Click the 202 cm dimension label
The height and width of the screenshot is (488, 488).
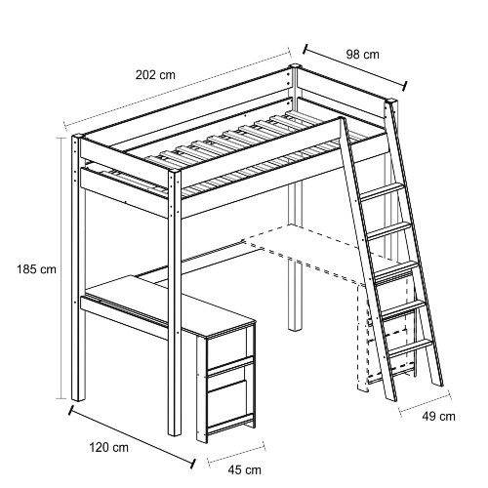[155, 75]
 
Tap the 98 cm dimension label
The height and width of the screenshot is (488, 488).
[362, 54]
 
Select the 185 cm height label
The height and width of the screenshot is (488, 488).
[37, 269]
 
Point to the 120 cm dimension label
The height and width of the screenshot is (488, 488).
[109, 447]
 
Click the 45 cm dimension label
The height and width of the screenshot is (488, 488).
[244, 469]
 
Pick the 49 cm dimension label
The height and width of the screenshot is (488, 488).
[439, 416]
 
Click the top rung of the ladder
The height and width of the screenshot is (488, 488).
[383, 191]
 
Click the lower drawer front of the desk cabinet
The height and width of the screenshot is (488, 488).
[229, 403]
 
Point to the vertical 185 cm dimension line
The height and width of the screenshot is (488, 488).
[60, 268]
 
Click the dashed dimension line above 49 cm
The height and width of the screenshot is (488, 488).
[426, 401]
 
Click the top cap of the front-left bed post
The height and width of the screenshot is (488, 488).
[77, 136]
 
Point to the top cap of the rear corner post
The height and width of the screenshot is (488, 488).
[296, 66]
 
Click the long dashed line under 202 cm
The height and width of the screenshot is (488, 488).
[177, 87]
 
